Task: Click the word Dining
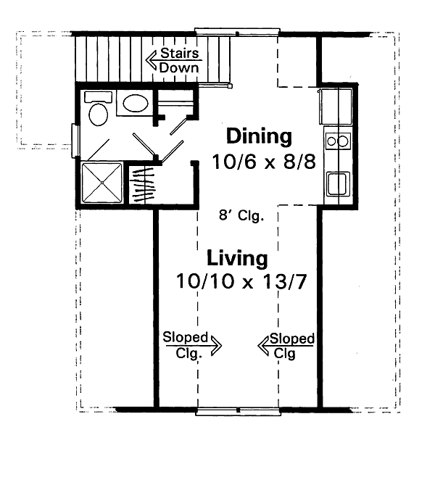[259, 136]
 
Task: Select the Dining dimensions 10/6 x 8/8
[264, 161]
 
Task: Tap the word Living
[237, 257]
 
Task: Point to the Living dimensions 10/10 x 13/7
[239, 281]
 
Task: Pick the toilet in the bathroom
[97, 110]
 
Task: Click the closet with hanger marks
[142, 185]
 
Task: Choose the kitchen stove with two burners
[337, 140]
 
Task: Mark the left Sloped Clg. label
[185, 343]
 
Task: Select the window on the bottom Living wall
[237, 412]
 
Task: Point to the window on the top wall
[237, 31]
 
